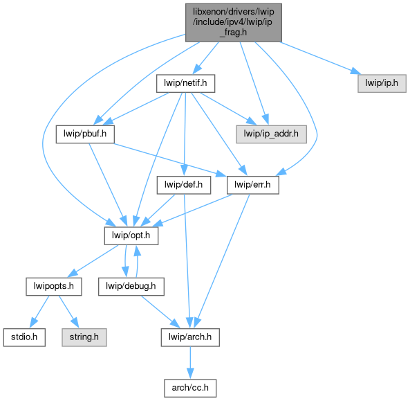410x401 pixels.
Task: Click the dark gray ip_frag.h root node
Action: pyautogui.click(x=234, y=23)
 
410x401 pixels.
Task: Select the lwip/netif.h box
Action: pyautogui.click(x=186, y=83)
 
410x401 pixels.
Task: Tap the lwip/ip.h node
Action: pyautogui.click(x=382, y=83)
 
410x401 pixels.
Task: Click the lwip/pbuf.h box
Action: pyautogui.click(x=85, y=134)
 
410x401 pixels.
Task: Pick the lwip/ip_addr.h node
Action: pyautogui.click(x=271, y=134)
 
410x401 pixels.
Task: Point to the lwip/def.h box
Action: pyautogui.click(x=183, y=185)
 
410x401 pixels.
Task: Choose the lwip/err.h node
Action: pyautogui.click(x=253, y=185)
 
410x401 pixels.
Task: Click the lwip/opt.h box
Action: pyautogui.click(x=131, y=235)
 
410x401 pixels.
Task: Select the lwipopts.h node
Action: pyautogui.click(x=54, y=287)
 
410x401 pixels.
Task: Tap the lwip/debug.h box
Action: pyautogui.click(x=131, y=287)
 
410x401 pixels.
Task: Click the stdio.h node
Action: pyautogui.click(x=24, y=337)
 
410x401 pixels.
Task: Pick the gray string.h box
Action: pyautogui.click(x=84, y=337)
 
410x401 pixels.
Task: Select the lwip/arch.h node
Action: pyautogui.click(x=190, y=337)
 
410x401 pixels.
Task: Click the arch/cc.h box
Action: pyautogui.click(x=190, y=388)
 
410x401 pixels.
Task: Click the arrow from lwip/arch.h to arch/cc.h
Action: pyautogui.click(x=190, y=363)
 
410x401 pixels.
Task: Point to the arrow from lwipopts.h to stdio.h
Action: pyautogui.click(x=39, y=312)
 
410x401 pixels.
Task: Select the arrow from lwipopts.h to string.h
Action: pyautogui.click(x=68, y=312)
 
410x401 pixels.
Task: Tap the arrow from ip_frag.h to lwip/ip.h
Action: pyautogui.click(x=320, y=57)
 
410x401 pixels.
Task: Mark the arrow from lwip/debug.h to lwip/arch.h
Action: pyautogui.click(x=160, y=312)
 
